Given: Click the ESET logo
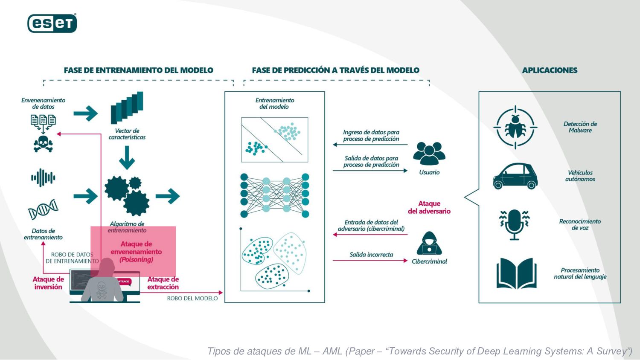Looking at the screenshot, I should click(52, 23).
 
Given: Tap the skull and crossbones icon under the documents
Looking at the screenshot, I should click(43, 143).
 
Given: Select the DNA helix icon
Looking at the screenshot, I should click(43, 209).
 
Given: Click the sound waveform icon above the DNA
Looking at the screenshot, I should click(43, 178).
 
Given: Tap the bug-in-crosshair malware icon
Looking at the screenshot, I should click(515, 127).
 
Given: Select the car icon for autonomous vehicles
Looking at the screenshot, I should click(515, 176).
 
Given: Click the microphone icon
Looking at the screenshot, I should click(514, 224).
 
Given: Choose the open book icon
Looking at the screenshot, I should click(516, 273).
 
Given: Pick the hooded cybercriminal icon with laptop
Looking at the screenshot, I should click(429, 244).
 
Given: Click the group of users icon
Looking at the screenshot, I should click(429, 154).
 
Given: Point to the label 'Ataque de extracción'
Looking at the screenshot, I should click(163, 283).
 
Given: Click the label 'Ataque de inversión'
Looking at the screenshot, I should click(48, 283).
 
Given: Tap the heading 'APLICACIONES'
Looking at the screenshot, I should click(550, 70).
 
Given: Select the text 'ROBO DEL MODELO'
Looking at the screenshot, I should click(192, 299).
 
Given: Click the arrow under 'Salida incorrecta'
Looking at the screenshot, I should click(370, 261).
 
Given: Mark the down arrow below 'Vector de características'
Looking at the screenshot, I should click(127, 158).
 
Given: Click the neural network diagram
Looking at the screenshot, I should click(275, 195).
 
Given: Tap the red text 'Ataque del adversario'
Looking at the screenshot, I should click(429, 207).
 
